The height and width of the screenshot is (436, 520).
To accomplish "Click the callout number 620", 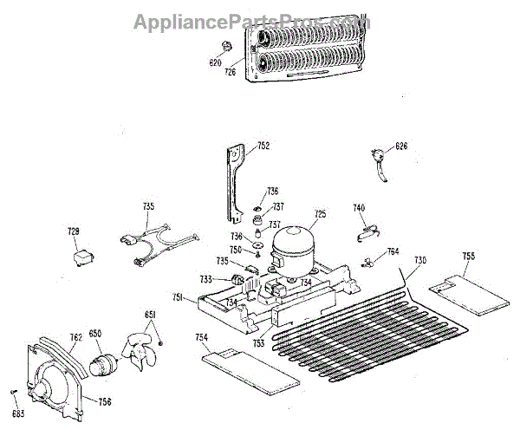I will pos(216,63).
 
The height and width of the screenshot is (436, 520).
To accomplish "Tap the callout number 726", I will pos(231,72).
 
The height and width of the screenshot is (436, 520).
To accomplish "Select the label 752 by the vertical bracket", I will pos(262,147).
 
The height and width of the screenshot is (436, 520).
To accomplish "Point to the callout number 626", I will pos(401,146).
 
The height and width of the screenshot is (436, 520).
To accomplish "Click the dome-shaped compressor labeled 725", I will pos(292,244).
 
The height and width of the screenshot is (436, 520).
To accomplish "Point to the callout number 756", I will pos(105,401).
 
